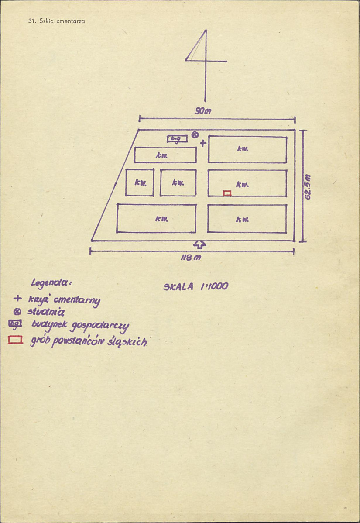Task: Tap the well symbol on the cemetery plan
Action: coord(195,135)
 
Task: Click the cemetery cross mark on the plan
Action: coord(202,144)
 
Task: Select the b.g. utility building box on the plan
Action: coord(177,139)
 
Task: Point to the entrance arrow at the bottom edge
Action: coord(199,244)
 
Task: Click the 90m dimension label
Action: coord(203,111)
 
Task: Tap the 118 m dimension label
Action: coord(191,258)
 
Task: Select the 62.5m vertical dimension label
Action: coord(308,187)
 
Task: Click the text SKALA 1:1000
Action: coord(195,286)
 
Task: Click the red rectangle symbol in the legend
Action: coord(15,340)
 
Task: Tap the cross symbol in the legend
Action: coord(17,298)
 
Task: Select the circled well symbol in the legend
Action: coord(17,312)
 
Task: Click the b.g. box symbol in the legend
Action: coord(15,323)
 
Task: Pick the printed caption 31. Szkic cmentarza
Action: coord(57,21)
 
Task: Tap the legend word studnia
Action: coord(46,312)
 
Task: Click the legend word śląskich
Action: coord(127,341)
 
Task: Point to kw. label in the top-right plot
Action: coord(243,149)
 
